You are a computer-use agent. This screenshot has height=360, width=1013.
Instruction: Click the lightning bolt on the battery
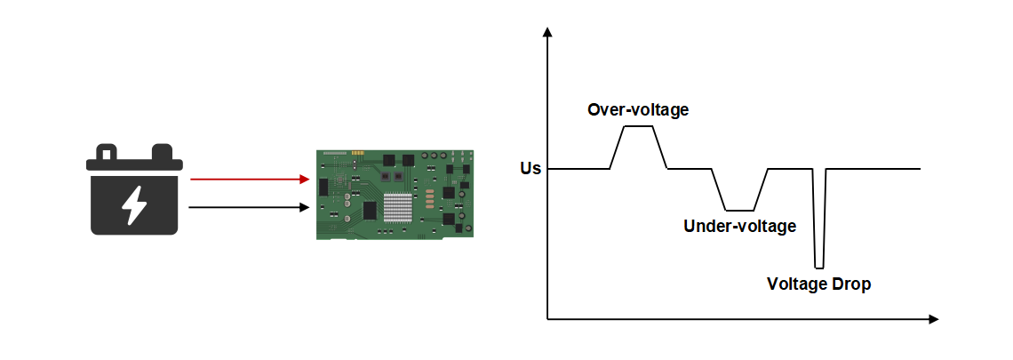click(x=134, y=205)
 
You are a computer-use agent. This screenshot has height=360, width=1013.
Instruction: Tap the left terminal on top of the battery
click(x=108, y=152)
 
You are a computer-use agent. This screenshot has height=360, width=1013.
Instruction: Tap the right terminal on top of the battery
click(x=162, y=151)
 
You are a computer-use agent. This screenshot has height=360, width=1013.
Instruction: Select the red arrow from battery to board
click(x=249, y=179)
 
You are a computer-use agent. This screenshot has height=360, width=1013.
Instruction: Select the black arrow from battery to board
click(x=249, y=208)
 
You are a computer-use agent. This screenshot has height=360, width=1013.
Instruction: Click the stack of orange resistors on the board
click(x=430, y=197)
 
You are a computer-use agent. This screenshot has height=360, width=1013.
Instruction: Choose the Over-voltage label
click(x=638, y=110)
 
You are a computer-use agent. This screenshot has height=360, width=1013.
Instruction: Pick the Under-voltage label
click(x=739, y=227)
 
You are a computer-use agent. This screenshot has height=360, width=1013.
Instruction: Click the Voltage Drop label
click(x=818, y=285)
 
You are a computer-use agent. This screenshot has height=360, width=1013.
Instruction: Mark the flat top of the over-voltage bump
click(x=639, y=126)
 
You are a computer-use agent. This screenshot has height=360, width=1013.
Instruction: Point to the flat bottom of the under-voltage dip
click(x=740, y=210)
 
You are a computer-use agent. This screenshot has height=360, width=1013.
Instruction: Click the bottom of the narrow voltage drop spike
click(x=819, y=268)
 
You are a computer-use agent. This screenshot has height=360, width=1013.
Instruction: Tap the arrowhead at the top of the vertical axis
click(x=547, y=34)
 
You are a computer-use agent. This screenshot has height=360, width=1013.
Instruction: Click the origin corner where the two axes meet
click(x=547, y=318)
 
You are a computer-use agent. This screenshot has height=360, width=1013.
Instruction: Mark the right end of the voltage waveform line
click(x=919, y=169)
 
